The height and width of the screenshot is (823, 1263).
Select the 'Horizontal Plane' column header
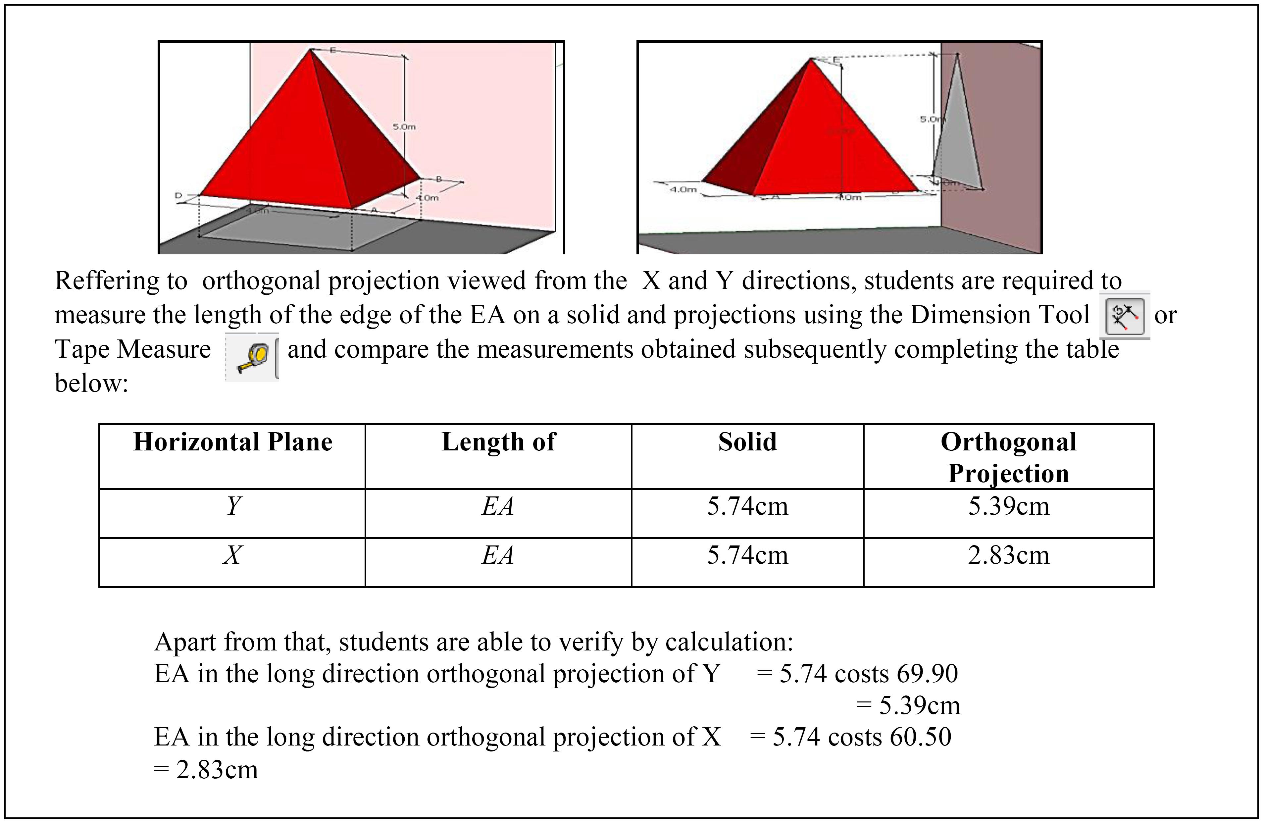coord(232,442)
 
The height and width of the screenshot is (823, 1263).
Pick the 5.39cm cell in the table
coord(1008,506)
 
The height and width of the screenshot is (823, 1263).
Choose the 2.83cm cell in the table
coord(1008,555)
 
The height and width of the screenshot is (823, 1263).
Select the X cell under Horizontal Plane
coord(232,555)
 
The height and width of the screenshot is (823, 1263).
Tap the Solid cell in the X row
coord(747,555)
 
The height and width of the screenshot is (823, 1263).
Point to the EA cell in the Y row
coord(498,506)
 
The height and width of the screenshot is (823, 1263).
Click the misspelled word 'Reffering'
coord(121,281)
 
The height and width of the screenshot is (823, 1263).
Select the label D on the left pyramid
coord(179,196)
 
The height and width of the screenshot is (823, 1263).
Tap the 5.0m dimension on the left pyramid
coord(404,127)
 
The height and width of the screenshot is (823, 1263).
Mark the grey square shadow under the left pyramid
coord(308,228)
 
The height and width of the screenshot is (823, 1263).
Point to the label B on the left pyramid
coord(439,180)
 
